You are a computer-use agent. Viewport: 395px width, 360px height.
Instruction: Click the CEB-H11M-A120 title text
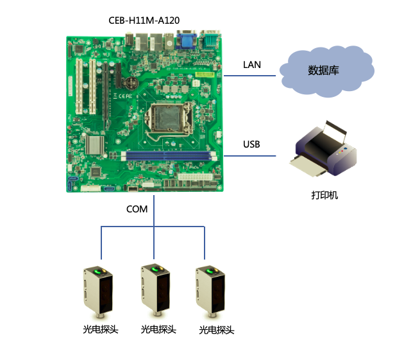pyautogui.click(x=144, y=21)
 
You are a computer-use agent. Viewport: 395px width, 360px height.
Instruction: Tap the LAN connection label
pyautogui.click(x=251, y=65)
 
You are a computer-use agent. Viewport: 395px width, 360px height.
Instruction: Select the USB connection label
pyautogui.click(x=251, y=144)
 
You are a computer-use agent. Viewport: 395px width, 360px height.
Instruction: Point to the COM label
pyautogui.click(x=137, y=209)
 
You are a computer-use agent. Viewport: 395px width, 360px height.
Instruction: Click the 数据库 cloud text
pyautogui.click(x=323, y=70)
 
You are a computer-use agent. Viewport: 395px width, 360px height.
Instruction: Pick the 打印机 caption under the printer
pyautogui.click(x=324, y=195)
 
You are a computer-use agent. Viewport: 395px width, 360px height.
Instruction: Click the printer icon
pyautogui.click(x=323, y=149)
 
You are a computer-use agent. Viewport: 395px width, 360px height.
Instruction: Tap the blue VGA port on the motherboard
pyautogui.click(x=187, y=40)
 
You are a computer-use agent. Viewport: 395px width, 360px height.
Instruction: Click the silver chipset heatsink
pyautogui.click(x=95, y=145)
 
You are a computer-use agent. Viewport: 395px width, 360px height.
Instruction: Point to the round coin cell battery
pyautogui.click(x=131, y=82)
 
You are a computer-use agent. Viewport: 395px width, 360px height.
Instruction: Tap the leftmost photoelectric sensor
pyautogui.click(x=98, y=292)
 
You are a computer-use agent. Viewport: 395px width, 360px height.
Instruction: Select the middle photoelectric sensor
pyautogui.click(x=155, y=290)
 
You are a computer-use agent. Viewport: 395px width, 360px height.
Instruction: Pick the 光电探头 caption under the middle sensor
pyautogui.click(x=158, y=329)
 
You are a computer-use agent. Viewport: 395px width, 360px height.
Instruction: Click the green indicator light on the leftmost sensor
pyautogui.click(x=97, y=271)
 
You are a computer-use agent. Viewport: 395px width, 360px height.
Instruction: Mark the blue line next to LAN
pyautogui.click(x=249, y=75)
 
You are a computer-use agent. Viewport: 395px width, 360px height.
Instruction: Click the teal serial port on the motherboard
pyautogui.click(x=210, y=39)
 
